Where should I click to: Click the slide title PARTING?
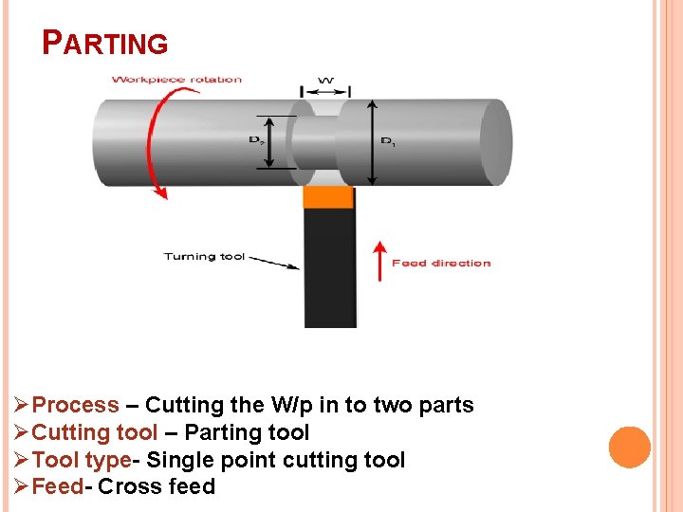105,43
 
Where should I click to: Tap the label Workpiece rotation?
176,80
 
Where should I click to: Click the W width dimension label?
325,82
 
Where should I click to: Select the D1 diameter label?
388,142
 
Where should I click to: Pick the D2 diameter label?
256,140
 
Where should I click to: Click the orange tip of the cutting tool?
328,197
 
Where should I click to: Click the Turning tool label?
204,256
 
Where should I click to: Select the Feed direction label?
441,264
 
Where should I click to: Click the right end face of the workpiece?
494,142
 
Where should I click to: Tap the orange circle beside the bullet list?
629,447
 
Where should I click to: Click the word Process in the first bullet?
76,406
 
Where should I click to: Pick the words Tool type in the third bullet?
82,461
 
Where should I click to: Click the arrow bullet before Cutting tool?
22,433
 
